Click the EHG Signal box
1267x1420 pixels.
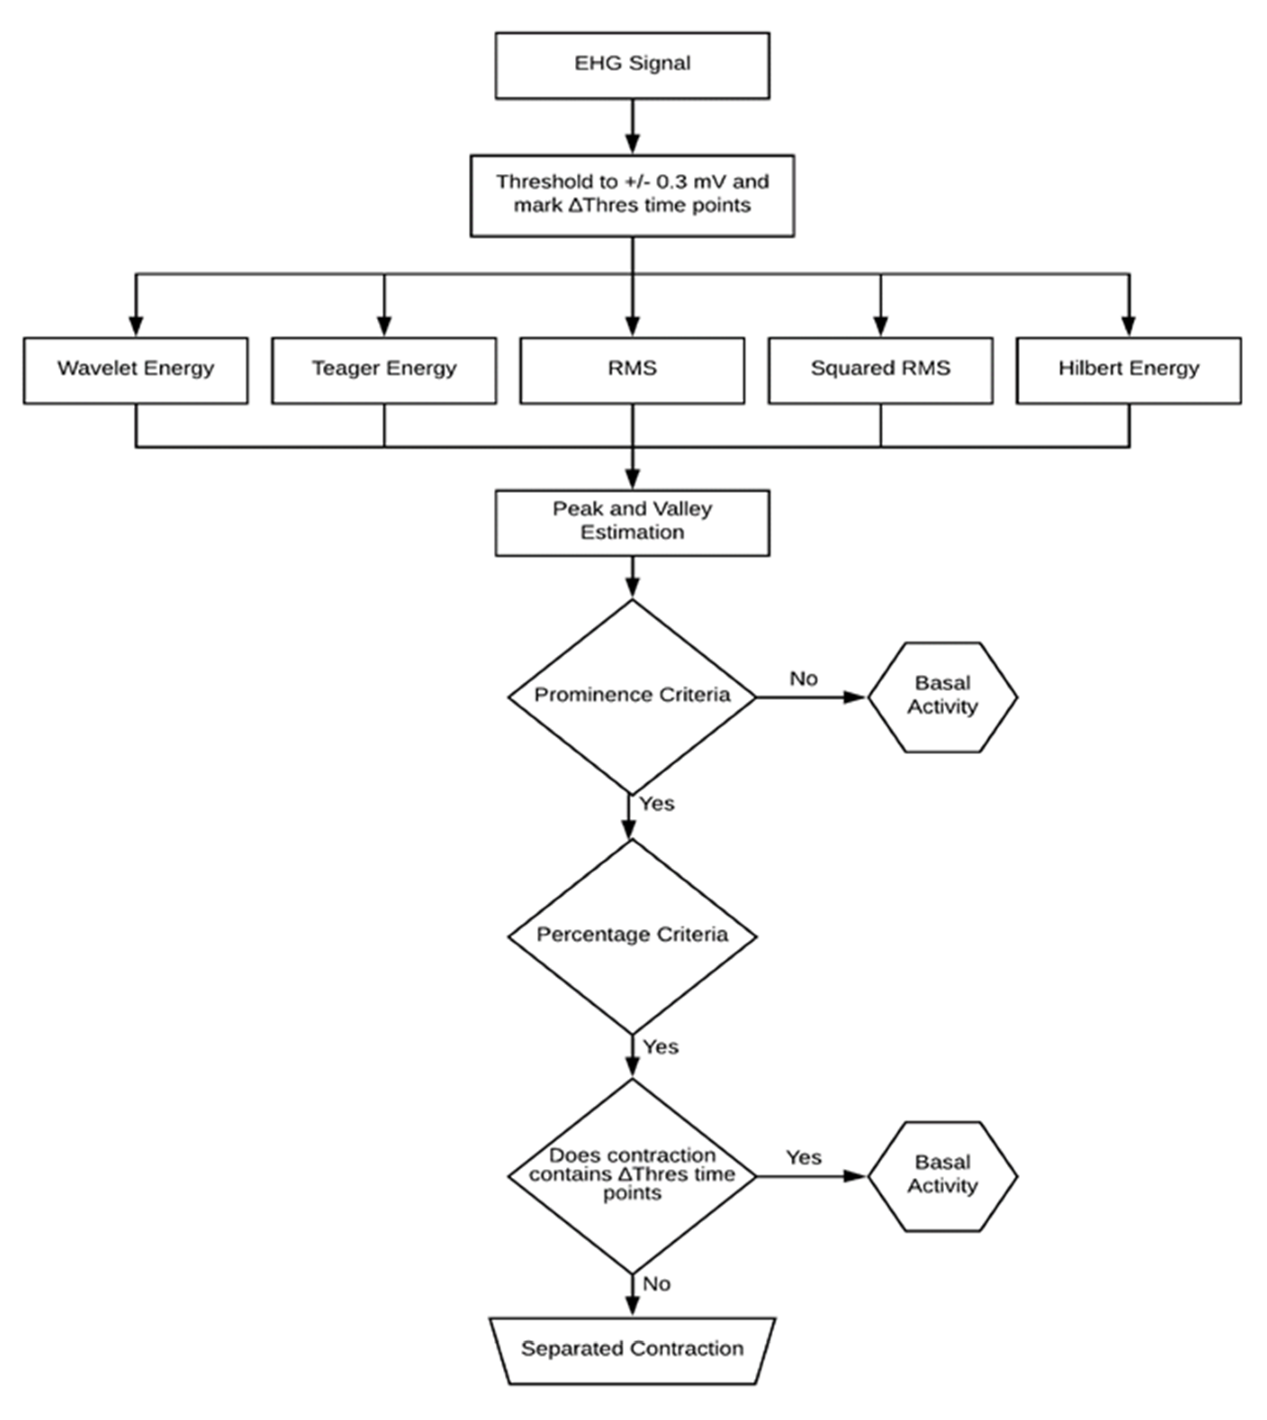(x=632, y=65)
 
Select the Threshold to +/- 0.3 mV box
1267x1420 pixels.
(x=632, y=195)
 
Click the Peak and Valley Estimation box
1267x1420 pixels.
(x=632, y=522)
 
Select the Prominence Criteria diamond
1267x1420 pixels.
(x=632, y=696)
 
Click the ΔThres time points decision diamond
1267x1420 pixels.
(x=632, y=1176)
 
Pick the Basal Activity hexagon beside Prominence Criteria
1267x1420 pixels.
(x=942, y=696)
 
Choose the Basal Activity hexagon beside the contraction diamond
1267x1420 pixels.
(x=942, y=1176)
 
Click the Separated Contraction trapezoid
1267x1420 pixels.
(x=632, y=1350)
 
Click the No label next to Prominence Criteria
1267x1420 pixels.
(x=803, y=678)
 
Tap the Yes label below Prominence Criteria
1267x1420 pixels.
(x=657, y=803)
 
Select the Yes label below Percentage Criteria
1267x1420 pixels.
(x=660, y=1047)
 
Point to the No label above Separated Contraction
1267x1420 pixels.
(x=656, y=1284)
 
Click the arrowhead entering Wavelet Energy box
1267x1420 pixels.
(x=136, y=326)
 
